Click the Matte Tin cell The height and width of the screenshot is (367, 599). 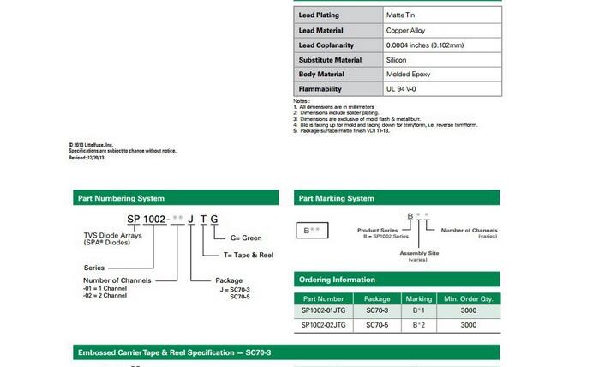[403, 15]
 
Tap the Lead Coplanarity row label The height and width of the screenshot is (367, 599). [331, 45]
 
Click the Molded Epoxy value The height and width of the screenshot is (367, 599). [409, 74]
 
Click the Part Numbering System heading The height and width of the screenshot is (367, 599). [121, 198]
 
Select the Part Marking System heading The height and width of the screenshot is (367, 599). [337, 198]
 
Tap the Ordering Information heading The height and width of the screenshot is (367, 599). [337, 280]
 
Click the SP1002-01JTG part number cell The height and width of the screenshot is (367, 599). [323, 310]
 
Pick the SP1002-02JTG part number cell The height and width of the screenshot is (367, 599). [323, 325]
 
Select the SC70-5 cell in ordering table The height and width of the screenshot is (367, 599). [377, 325]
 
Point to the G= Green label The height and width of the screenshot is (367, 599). [247, 238]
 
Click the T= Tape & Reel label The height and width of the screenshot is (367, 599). [248, 255]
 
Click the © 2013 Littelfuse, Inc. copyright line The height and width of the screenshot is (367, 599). [91, 145]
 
